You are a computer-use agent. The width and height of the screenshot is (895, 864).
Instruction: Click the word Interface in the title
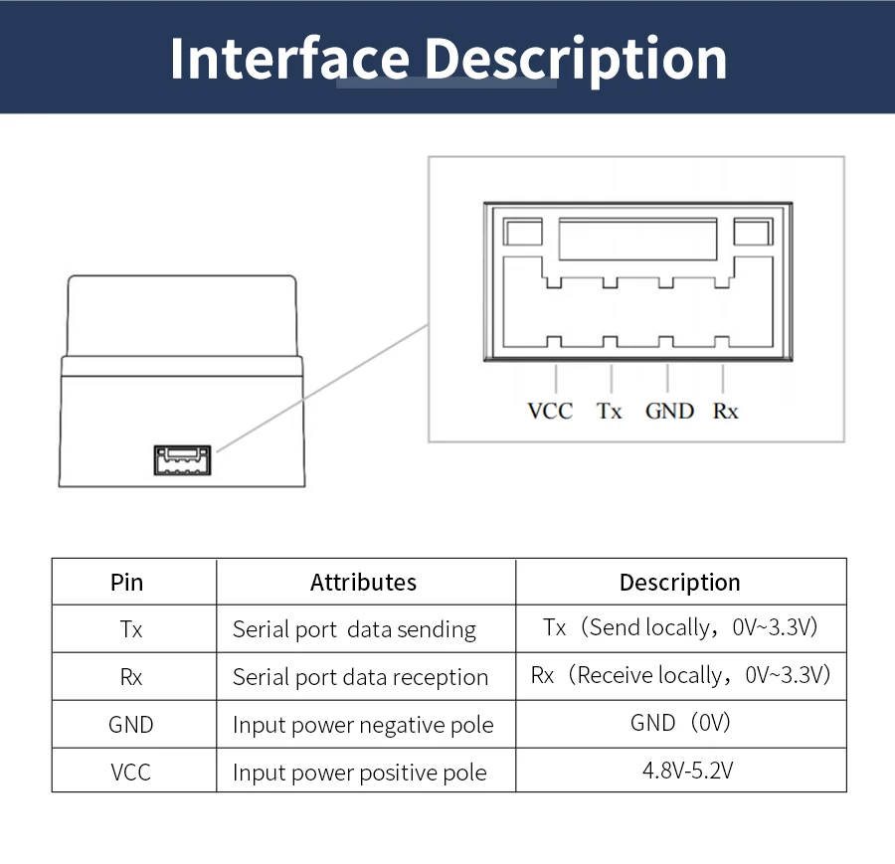click(x=289, y=59)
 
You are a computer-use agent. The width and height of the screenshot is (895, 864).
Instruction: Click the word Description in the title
click(x=577, y=59)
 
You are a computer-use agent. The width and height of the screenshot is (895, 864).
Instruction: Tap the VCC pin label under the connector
click(x=550, y=411)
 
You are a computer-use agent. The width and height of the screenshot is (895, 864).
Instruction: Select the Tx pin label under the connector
click(x=609, y=411)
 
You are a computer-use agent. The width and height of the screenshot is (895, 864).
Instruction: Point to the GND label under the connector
click(x=669, y=411)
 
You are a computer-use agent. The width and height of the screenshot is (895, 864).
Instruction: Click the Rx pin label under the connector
click(x=725, y=411)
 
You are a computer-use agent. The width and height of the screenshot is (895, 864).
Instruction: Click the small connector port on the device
click(x=182, y=459)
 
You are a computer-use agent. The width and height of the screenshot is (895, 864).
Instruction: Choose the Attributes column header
click(x=363, y=583)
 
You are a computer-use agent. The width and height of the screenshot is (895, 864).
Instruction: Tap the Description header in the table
click(x=679, y=583)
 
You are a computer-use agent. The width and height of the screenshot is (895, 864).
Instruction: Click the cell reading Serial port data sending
click(x=354, y=629)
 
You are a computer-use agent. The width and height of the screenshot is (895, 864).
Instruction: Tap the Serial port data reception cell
click(x=360, y=677)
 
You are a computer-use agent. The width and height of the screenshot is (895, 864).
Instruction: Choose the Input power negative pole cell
click(x=363, y=725)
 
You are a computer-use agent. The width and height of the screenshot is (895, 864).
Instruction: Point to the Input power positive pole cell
click(x=359, y=773)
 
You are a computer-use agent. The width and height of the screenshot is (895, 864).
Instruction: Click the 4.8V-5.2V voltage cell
click(x=680, y=771)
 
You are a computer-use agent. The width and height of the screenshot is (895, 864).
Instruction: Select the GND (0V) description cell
click(x=680, y=723)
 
